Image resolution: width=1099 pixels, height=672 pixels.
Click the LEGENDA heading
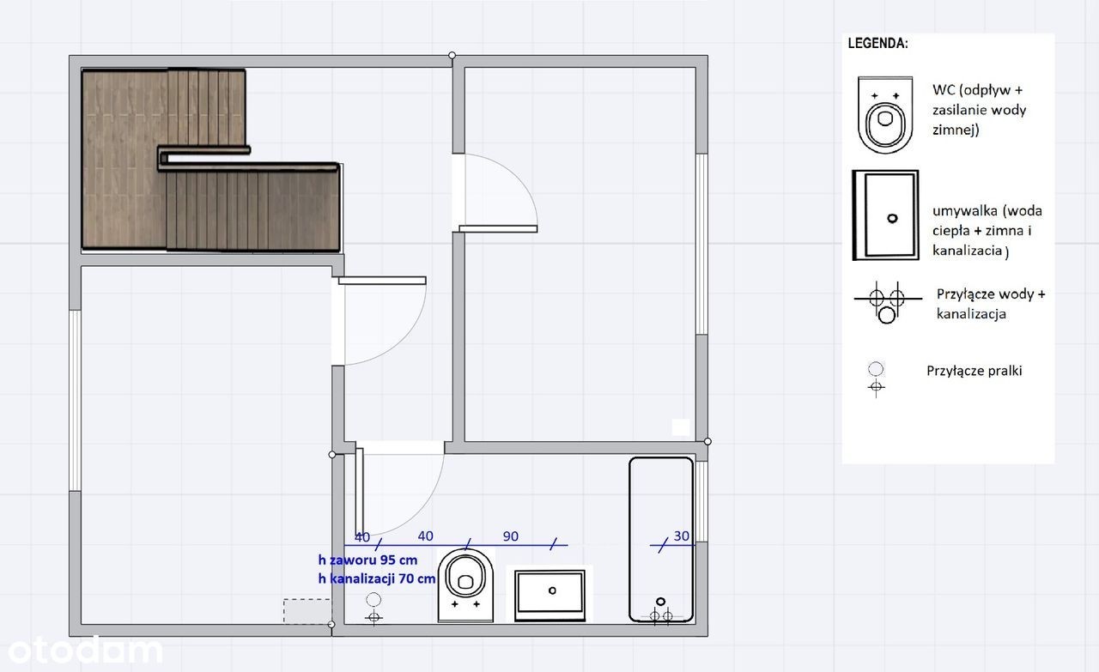(877, 43)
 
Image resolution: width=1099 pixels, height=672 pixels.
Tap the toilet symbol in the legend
(885, 115)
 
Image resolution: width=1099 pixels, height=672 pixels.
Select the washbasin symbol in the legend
(885, 215)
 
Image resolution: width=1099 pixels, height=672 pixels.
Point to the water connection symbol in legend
(888, 302)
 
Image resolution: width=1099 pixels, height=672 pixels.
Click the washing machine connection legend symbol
(877, 379)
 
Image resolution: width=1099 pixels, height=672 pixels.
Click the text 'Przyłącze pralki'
(975, 371)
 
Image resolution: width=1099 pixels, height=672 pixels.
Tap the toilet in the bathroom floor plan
(465, 585)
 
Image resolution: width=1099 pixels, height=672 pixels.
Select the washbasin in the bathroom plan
(550, 595)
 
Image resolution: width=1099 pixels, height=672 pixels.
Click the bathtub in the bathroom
(661, 540)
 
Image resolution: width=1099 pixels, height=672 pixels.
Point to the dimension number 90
(510, 536)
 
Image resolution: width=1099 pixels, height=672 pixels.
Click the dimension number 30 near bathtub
(681, 536)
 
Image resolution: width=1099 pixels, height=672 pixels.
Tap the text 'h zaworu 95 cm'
(367, 560)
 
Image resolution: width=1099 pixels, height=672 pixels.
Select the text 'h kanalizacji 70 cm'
(376, 578)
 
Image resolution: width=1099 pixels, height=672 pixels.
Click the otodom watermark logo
(85, 651)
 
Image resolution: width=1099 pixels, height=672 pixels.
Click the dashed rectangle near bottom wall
(307, 611)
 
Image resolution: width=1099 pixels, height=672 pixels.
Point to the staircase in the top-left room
(211, 160)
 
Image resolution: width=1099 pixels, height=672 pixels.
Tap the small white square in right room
(681, 427)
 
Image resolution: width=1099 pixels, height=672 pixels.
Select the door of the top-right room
(498, 228)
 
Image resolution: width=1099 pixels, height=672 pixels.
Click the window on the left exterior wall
(75, 400)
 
